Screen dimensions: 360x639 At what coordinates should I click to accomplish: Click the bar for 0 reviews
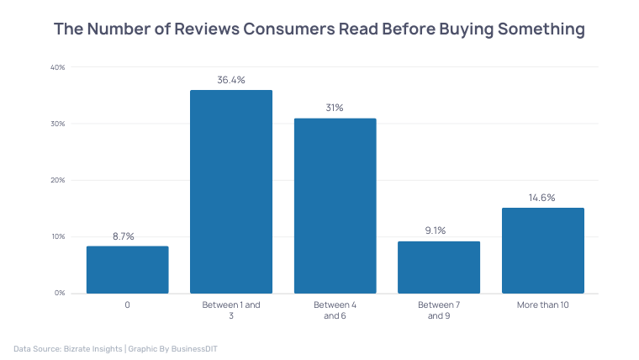click(x=127, y=269)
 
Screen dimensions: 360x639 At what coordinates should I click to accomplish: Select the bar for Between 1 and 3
click(x=231, y=192)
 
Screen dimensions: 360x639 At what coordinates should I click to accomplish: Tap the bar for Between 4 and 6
click(x=335, y=206)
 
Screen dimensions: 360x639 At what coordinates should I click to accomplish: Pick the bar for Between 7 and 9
click(x=439, y=267)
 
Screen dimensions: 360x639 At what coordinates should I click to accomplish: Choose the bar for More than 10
click(x=542, y=251)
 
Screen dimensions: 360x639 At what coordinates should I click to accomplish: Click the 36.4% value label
click(x=231, y=80)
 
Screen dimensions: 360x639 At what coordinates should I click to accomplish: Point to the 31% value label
click(x=335, y=108)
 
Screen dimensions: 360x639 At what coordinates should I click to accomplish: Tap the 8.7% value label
click(x=127, y=236)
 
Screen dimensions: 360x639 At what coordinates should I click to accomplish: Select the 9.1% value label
click(x=439, y=231)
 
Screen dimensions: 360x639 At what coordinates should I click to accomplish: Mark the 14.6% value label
click(x=542, y=198)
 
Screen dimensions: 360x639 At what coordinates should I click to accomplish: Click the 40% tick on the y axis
click(x=57, y=67)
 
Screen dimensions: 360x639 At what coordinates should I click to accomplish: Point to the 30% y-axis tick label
click(x=57, y=124)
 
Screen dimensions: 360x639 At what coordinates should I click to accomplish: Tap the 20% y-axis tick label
click(x=57, y=180)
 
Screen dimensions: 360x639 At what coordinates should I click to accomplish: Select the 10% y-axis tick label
click(x=57, y=236)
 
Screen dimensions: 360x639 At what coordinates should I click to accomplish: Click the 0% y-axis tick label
click(x=59, y=293)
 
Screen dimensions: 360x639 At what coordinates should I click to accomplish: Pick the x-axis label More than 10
click(x=542, y=304)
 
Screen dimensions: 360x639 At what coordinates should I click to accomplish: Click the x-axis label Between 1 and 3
click(x=231, y=310)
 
